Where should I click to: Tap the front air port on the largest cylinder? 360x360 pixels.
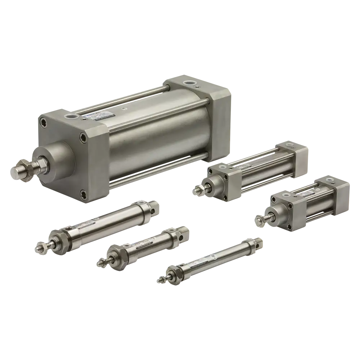(70, 117)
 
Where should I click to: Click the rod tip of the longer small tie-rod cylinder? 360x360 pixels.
(197, 191)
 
